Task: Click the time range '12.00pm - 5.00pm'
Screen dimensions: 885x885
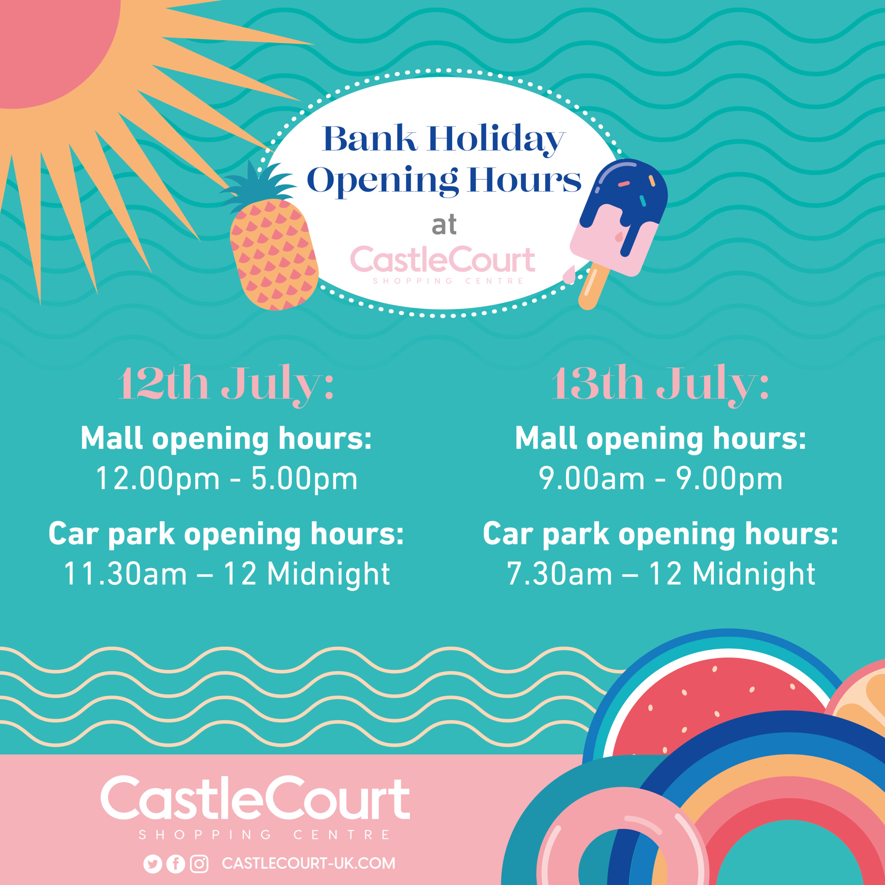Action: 226,479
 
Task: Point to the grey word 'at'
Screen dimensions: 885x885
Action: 444,225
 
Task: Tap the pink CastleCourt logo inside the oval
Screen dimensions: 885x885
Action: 442,264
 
